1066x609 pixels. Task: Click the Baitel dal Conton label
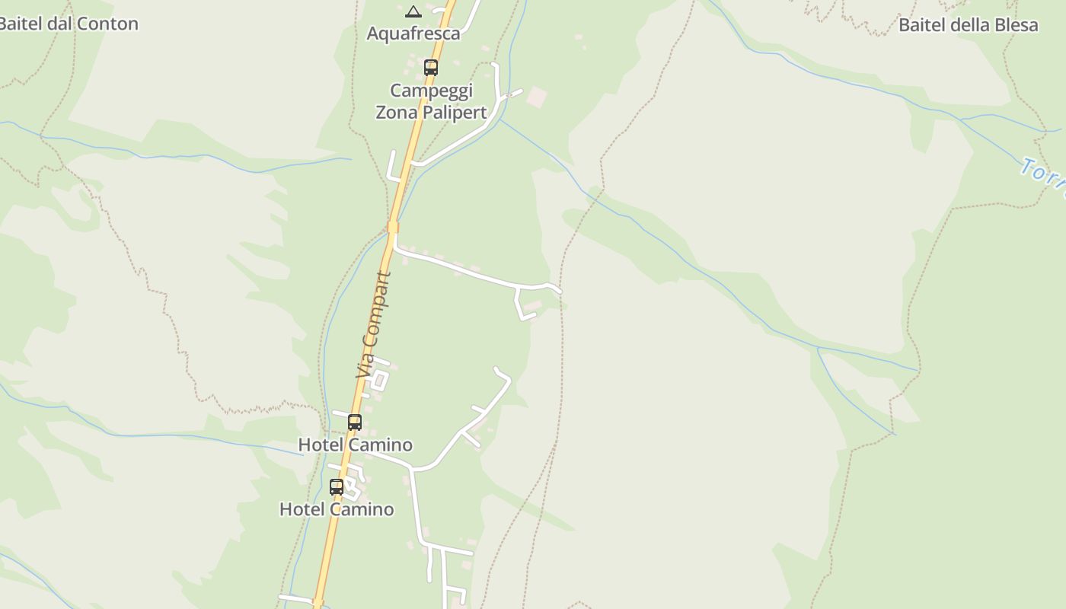click(69, 24)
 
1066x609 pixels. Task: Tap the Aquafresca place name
click(413, 33)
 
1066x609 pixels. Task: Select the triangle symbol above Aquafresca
click(413, 11)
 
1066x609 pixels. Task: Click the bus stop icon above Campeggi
click(431, 67)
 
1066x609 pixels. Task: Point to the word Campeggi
click(431, 91)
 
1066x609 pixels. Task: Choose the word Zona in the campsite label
click(396, 113)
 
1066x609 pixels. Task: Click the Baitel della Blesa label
click(968, 25)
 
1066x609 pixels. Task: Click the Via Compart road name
click(373, 325)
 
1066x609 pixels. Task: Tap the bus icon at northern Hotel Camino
click(355, 422)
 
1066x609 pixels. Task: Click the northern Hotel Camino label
click(355, 445)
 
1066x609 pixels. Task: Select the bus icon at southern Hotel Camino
click(337, 486)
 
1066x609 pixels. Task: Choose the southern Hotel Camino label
click(337, 509)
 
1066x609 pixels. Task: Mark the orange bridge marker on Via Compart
click(393, 227)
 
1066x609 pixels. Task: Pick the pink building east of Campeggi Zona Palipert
click(537, 97)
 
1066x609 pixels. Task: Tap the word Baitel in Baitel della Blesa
click(922, 25)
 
